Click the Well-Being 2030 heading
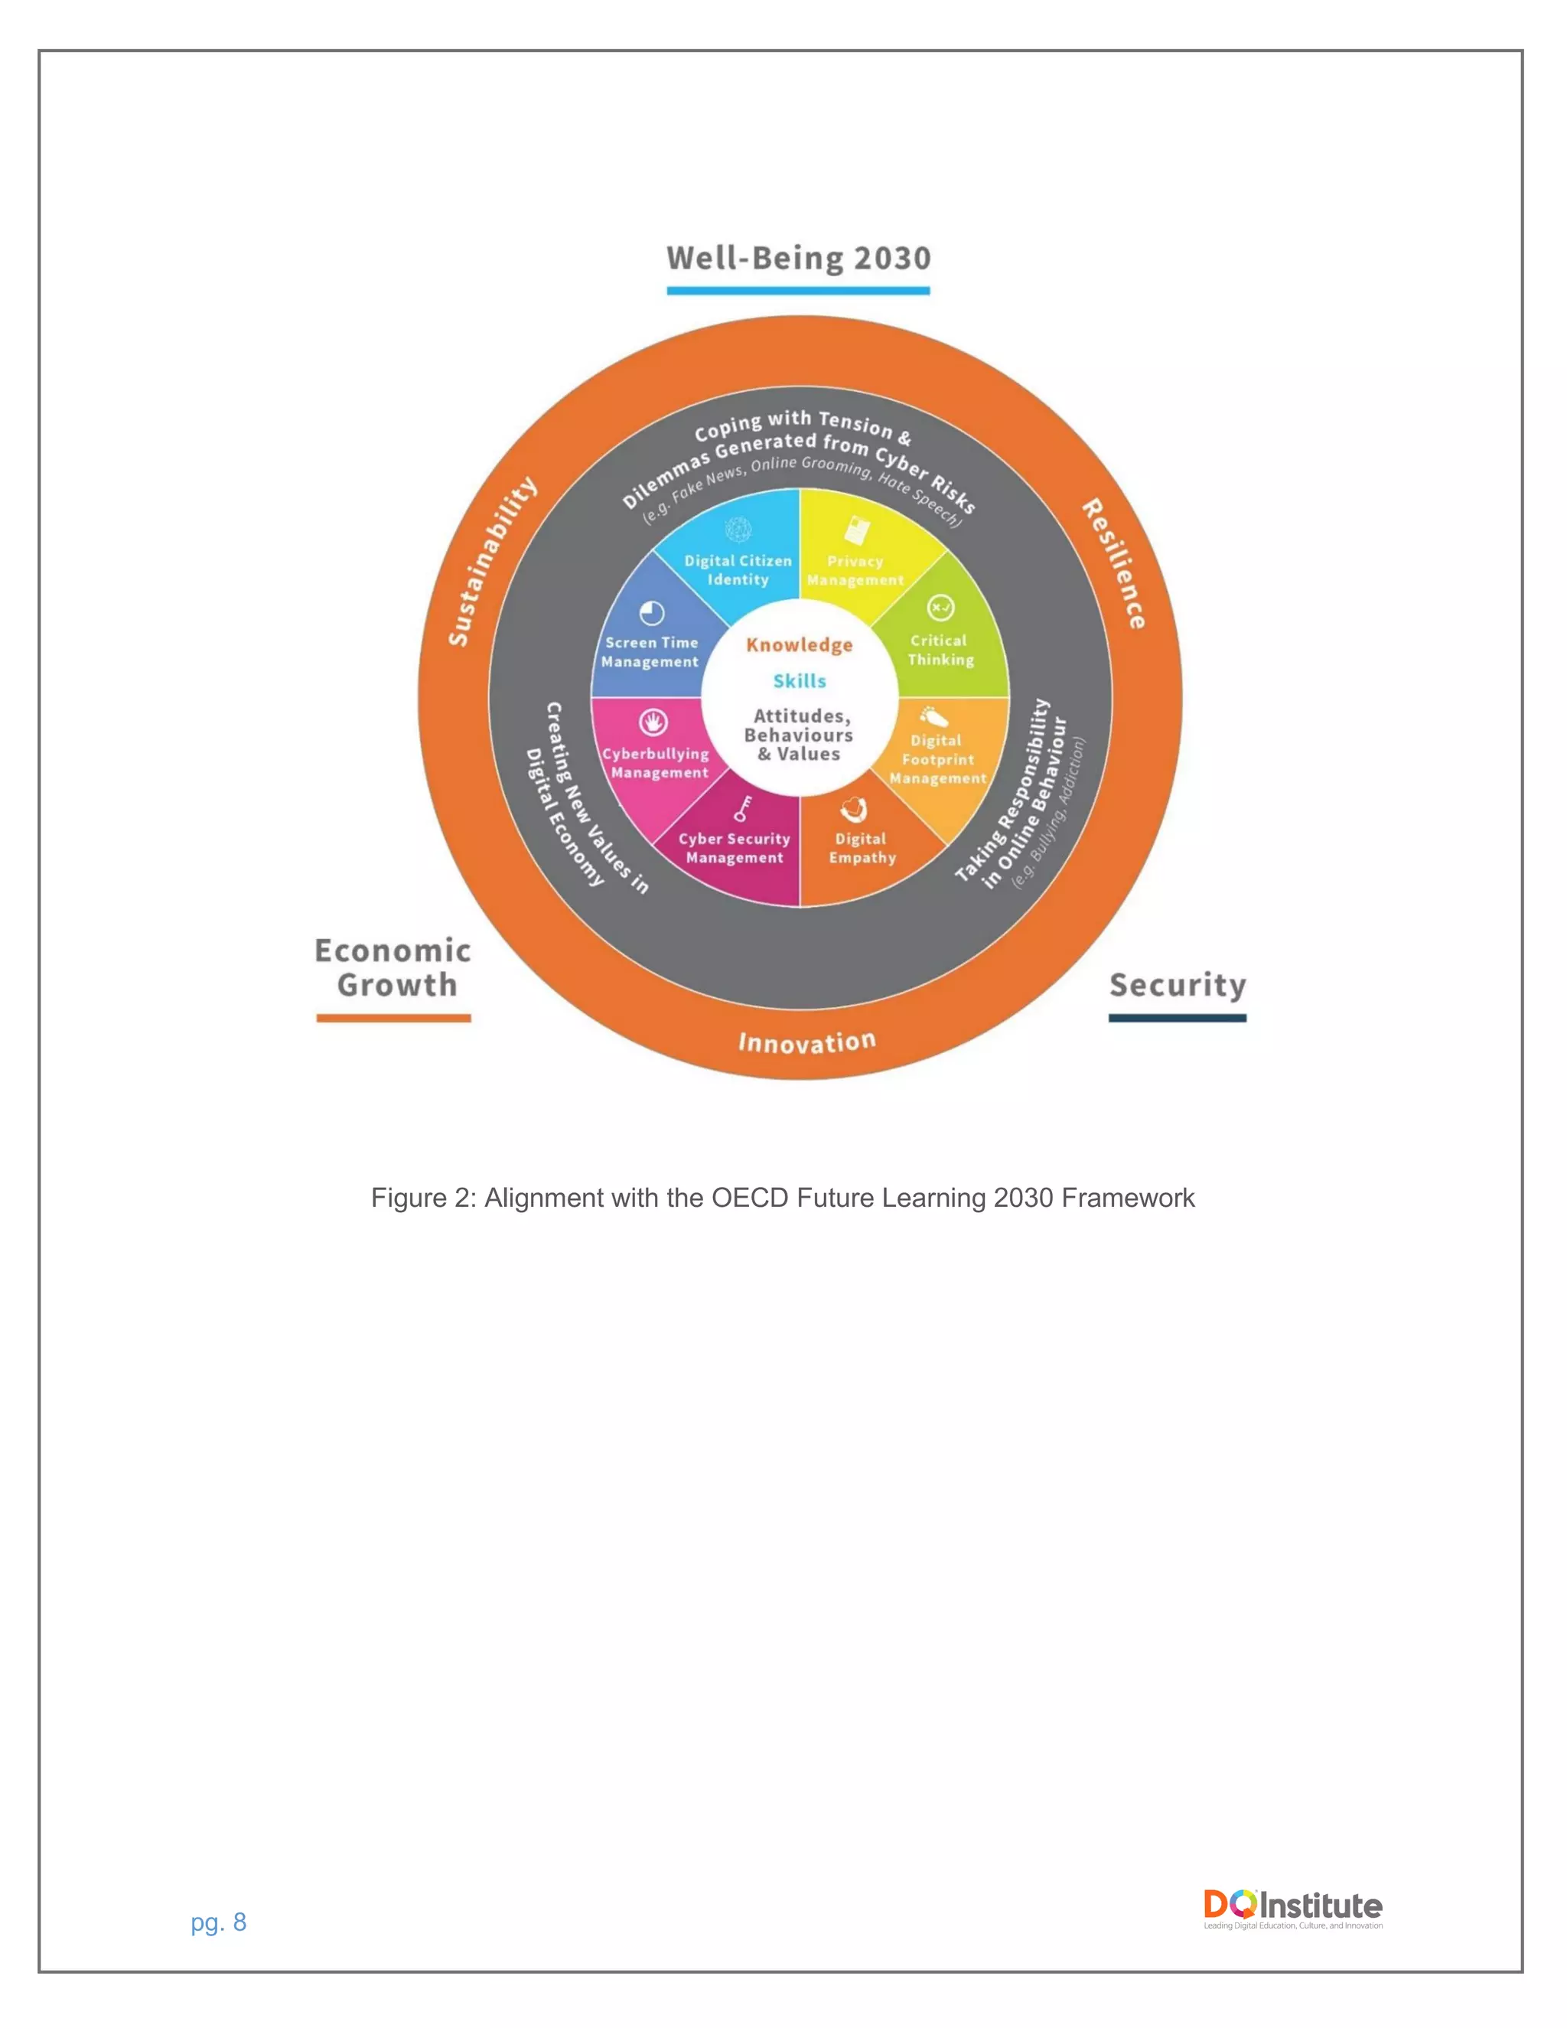point(798,258)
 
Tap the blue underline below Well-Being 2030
point(798,291)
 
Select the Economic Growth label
point(393,967)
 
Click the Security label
point(1177,984)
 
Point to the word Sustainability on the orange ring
point(492,561)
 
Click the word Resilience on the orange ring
point(1114,564)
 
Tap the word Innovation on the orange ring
point(806,1042)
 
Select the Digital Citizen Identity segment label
point(738,570)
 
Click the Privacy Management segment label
point(855,570)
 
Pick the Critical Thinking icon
point(940,608)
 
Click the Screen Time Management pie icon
point(653,613)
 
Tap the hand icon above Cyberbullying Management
point(653,722)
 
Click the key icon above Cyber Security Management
point(743,808)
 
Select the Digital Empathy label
point(862,848)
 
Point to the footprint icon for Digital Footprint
point(933,716)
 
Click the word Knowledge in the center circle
point(800,644)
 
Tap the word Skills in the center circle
point(800,680)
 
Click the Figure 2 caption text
point(783,1198)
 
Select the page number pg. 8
point(218,1922)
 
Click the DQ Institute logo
point(1292,1907)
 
